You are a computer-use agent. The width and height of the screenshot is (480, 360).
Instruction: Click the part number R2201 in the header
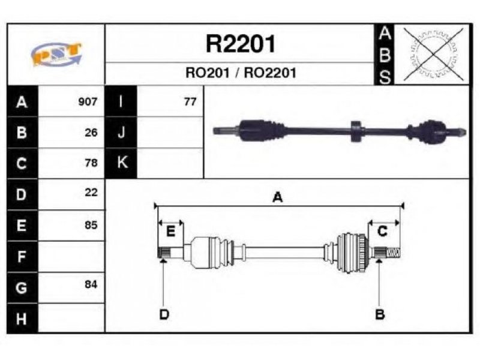tap(241, 44)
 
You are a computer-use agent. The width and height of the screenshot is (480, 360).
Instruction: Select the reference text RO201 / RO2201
tap(241, 73)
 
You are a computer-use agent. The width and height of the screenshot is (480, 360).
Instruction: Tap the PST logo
tap(56, 54)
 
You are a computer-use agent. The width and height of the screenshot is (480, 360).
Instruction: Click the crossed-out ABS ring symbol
tap(433, 54)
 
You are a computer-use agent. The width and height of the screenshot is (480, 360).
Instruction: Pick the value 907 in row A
tap(88, 101)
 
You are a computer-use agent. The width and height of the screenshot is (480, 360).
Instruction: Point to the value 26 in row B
tap(91, 133)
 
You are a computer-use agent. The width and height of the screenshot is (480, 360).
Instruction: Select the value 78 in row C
tap(91, 163)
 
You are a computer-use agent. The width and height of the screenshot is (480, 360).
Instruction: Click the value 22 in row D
tap(91, 193)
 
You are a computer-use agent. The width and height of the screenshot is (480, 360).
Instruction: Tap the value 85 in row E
tap(91, 226)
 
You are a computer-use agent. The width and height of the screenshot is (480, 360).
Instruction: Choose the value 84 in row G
tap(91, 284)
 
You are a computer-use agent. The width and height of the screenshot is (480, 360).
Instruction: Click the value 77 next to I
tap(190, 101)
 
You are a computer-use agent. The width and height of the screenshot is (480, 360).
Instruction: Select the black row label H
tap(22, 319)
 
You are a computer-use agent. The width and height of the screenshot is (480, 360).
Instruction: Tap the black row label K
tap(121, 163)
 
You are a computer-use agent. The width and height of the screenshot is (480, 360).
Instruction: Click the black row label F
tap(22, 257)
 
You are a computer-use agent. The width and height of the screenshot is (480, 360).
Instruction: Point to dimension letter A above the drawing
tap(277, 197)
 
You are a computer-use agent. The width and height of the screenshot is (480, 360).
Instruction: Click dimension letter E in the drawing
tap(170, 231)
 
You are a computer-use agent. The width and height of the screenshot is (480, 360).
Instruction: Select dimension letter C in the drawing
tap(383, 231)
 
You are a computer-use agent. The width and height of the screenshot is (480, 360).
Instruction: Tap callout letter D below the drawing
tap(164, 314)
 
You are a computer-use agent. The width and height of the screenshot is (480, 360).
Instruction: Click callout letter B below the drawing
tap(380, 314)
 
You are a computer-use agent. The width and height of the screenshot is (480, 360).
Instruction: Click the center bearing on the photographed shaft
tap(356, 131)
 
